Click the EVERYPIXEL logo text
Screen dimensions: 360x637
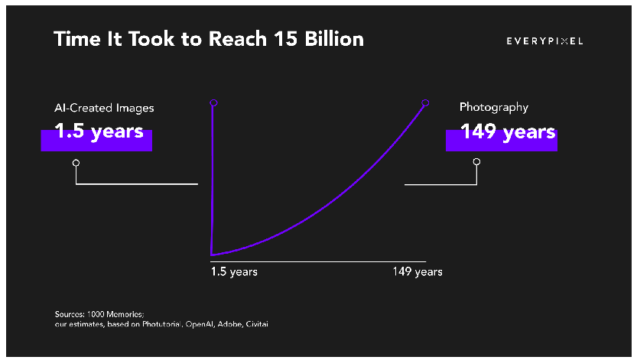544,41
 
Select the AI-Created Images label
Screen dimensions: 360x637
104,108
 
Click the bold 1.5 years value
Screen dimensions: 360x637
99,131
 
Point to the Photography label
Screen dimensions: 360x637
493,108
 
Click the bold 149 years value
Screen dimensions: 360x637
507,131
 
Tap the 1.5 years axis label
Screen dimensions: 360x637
234,272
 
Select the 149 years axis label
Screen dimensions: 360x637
418,272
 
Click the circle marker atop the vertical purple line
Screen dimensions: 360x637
213,102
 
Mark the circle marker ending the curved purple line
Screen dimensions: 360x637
425,102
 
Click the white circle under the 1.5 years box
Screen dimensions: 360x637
76,163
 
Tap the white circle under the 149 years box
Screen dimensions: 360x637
476,162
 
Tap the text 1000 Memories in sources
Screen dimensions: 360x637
107,314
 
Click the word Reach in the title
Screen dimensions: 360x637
223,39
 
